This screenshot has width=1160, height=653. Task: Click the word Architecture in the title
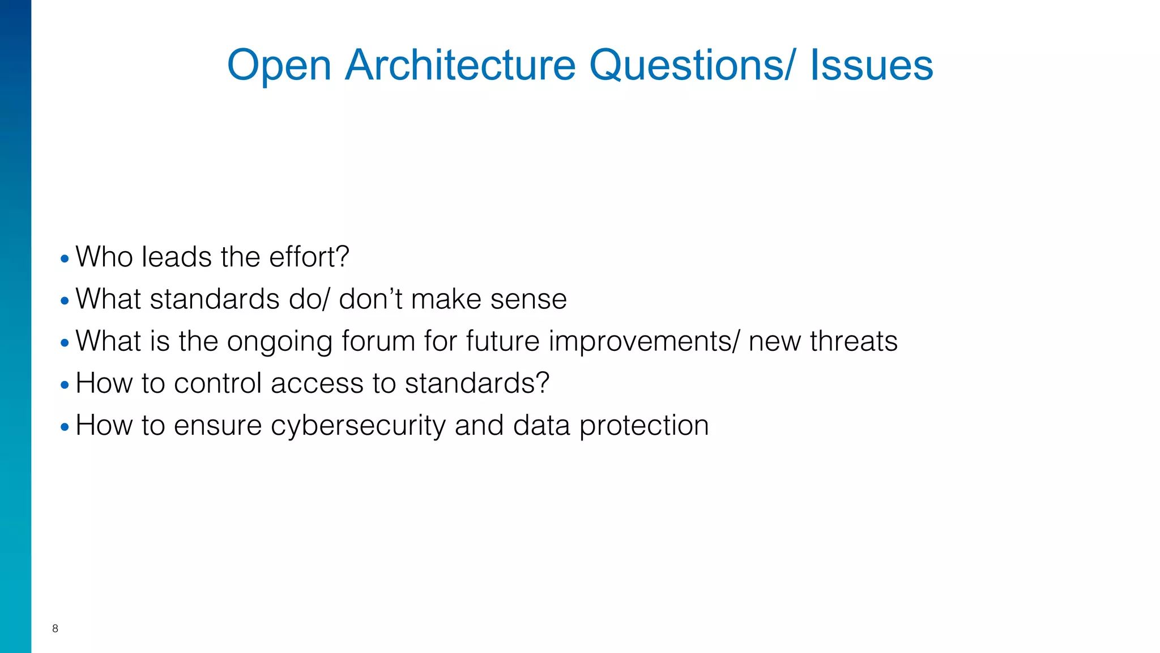460,65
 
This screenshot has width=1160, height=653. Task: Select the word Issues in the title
871,65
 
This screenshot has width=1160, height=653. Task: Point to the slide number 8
55,628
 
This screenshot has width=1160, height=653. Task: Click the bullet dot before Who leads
65,259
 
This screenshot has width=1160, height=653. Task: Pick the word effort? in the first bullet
309,257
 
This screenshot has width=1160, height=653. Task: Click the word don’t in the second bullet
370,299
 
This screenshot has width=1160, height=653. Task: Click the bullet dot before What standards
65,301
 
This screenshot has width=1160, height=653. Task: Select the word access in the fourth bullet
317,383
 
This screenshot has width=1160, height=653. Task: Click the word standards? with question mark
477,383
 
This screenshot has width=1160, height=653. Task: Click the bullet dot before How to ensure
65,427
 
